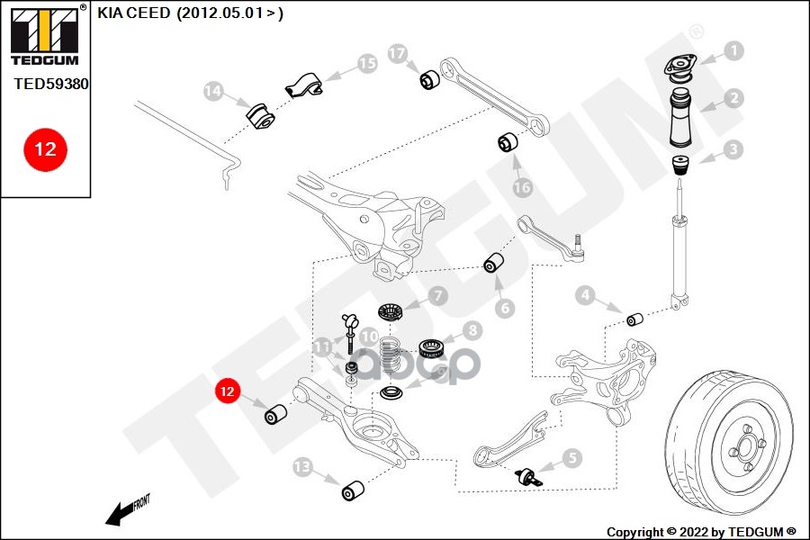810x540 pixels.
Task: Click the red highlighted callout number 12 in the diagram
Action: [228, 391]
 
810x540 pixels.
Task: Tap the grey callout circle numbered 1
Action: [734, 51]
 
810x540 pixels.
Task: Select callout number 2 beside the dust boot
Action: [734, 98]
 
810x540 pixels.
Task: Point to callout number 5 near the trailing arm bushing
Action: [572, 458]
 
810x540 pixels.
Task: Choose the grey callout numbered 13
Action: [302, 467]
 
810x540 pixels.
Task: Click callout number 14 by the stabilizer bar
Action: [213, 91]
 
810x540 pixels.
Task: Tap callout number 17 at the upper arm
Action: [398, 54]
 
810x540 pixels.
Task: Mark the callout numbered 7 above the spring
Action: [436, 294]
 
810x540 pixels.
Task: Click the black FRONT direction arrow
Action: [120, 513]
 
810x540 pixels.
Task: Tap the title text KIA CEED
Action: [134, 14]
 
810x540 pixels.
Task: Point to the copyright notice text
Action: [701, 531]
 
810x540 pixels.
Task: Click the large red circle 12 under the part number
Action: [44, 148]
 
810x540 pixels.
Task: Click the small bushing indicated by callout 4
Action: [634, 319]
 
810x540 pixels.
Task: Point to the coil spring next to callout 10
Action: [390, 356]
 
